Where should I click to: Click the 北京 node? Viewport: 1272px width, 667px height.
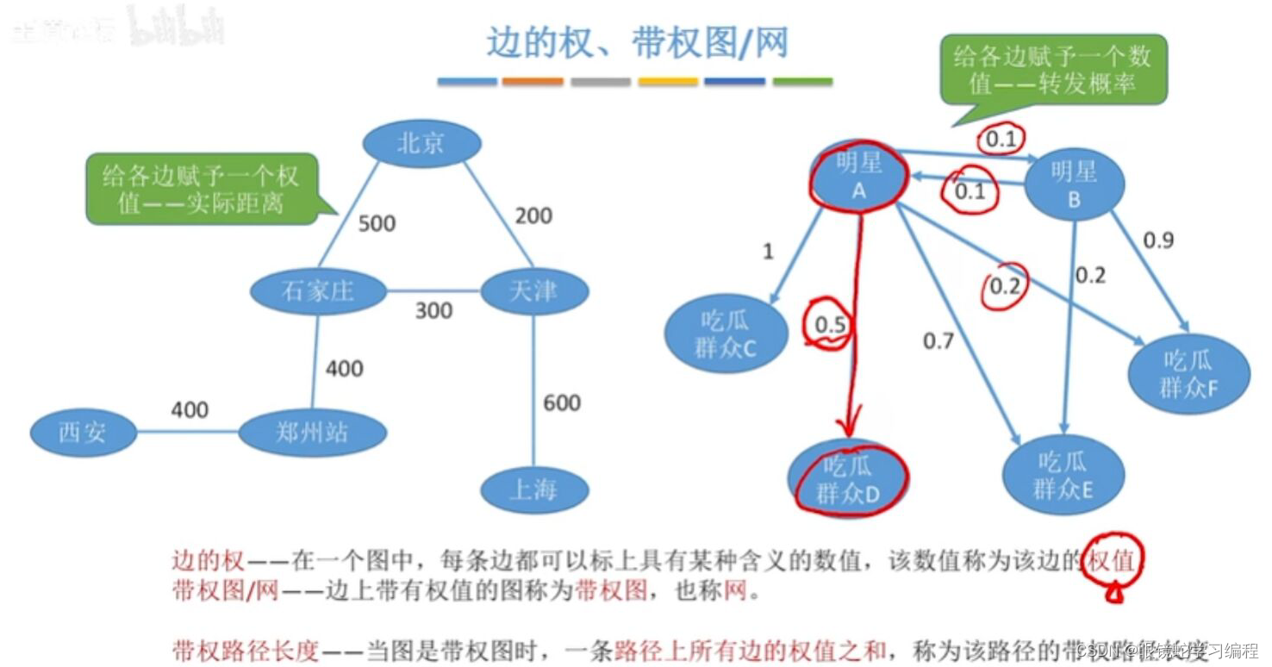tap(421, 143)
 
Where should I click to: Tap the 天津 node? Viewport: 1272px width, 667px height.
tap(533, 291)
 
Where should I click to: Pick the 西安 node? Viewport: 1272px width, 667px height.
tap(83, 432)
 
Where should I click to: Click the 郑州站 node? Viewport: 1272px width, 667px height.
tap(312, 432)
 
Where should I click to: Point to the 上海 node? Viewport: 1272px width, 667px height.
tap(533, 490)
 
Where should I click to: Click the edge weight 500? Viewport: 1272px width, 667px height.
tap(377, 224)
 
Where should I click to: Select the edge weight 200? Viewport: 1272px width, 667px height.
tap(533, 215)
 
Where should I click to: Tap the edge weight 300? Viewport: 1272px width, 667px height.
tap(433, 310)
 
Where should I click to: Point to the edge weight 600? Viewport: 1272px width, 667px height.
tap(562, 402)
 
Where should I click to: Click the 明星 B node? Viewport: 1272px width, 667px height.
tap(1074, 184)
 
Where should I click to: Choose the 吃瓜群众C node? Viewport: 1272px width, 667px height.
tap(726, 334)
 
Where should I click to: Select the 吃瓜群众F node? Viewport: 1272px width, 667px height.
tap(1189, 373)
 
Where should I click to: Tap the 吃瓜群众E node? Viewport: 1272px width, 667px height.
tap(1063, 476)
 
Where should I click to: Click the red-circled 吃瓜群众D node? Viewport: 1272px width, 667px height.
tap(848, 479)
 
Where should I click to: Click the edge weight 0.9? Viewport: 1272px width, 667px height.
tap(1158, 240)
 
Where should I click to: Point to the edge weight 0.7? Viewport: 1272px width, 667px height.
tap(938, 341)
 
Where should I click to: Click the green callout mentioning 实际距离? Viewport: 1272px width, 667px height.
tap(201, 190)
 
